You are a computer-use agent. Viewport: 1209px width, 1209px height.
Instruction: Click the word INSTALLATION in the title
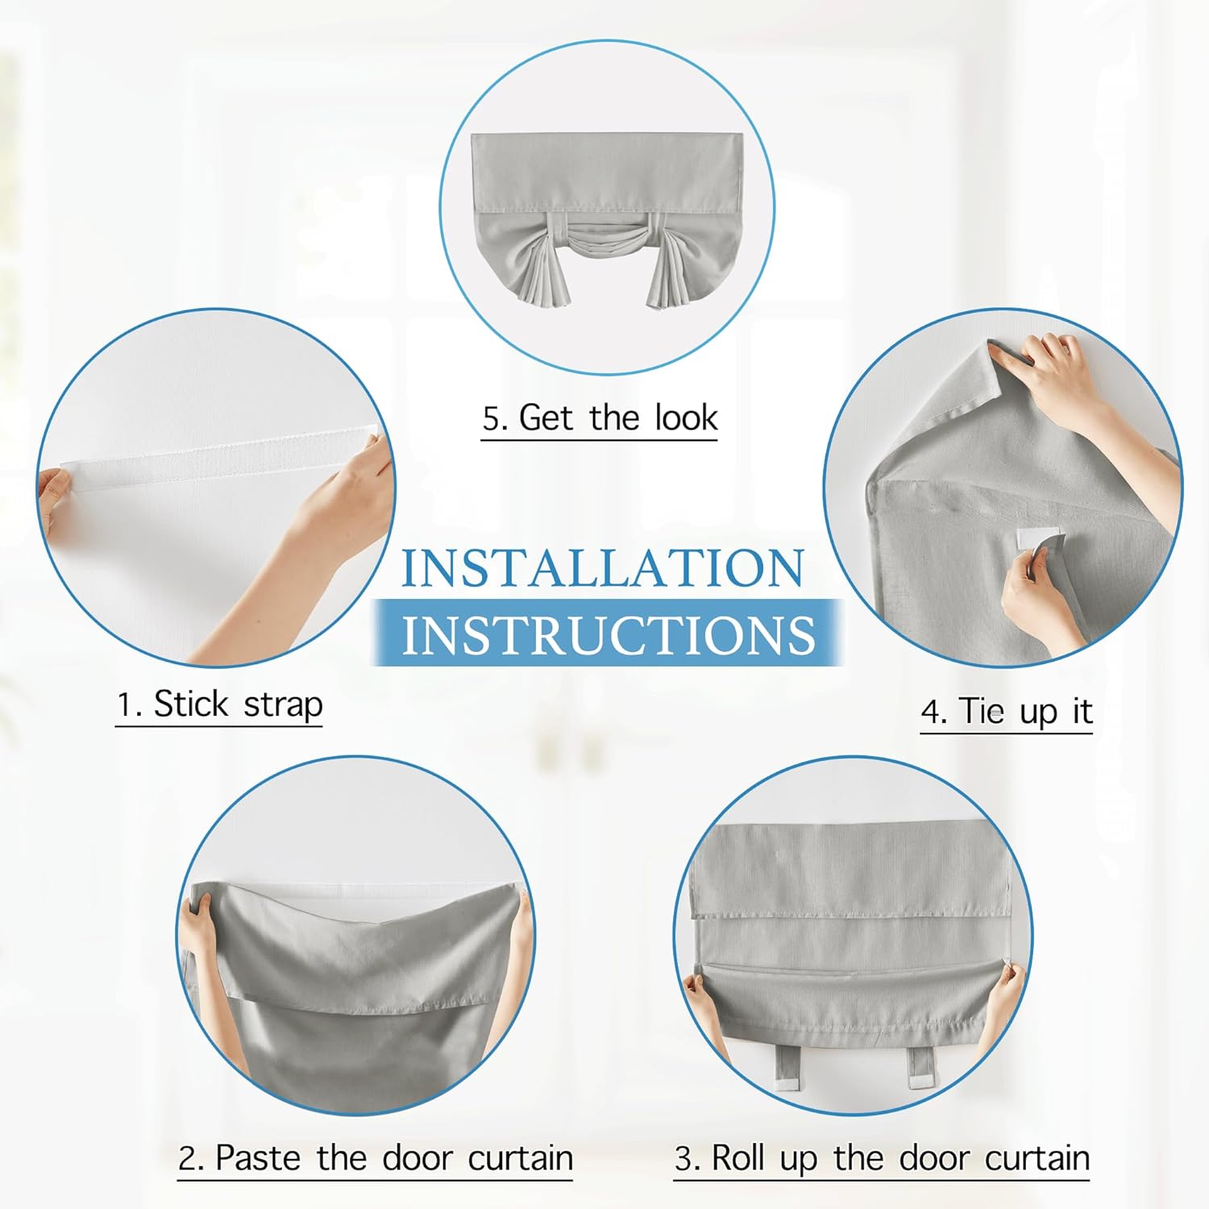point(603,567)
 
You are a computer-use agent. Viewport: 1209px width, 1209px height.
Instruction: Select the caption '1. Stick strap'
point(219,704)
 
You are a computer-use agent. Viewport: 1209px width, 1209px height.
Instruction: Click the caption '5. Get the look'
point(600,418)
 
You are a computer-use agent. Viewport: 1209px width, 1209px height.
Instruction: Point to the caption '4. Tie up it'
point(1007,713)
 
